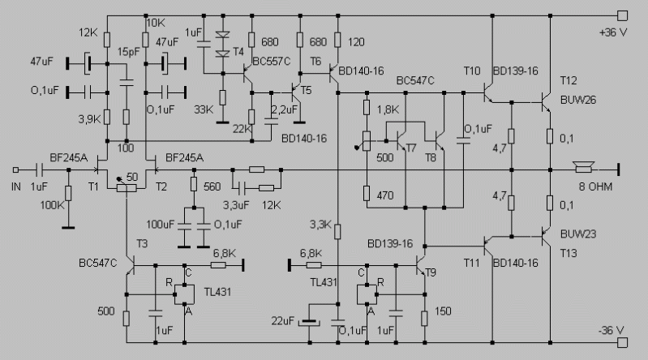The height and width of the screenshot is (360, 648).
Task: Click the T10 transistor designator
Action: (x=472, y=71)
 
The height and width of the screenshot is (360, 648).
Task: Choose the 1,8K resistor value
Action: (x=388, y=108)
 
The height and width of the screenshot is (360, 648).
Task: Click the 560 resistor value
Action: (x=212, y=186)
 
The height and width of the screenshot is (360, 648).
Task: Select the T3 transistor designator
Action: (x=142, y=244)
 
